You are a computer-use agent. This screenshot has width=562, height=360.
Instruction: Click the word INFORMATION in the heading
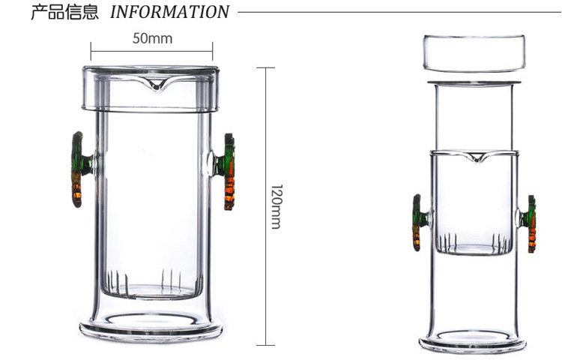tap(169, 12)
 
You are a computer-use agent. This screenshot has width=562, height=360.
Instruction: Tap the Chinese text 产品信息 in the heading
tap(64, 12)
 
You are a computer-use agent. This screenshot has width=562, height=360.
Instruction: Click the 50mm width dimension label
tap(152, 37)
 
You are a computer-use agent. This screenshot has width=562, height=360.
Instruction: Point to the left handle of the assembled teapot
tap(79, 169)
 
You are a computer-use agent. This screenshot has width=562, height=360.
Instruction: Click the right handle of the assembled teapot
tap(227, 172)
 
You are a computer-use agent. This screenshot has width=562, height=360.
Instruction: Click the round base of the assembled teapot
tap(151, 328)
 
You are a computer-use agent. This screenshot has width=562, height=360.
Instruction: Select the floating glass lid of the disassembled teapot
tap(474, 52)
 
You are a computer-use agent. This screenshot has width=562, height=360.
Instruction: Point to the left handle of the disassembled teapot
tap(417, 222)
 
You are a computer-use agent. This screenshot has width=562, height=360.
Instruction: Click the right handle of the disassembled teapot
tap(531, 223)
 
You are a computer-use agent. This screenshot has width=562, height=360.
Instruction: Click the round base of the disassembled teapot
tap(473, 341)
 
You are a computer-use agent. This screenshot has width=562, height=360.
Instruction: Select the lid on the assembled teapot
tap(151, 88)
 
